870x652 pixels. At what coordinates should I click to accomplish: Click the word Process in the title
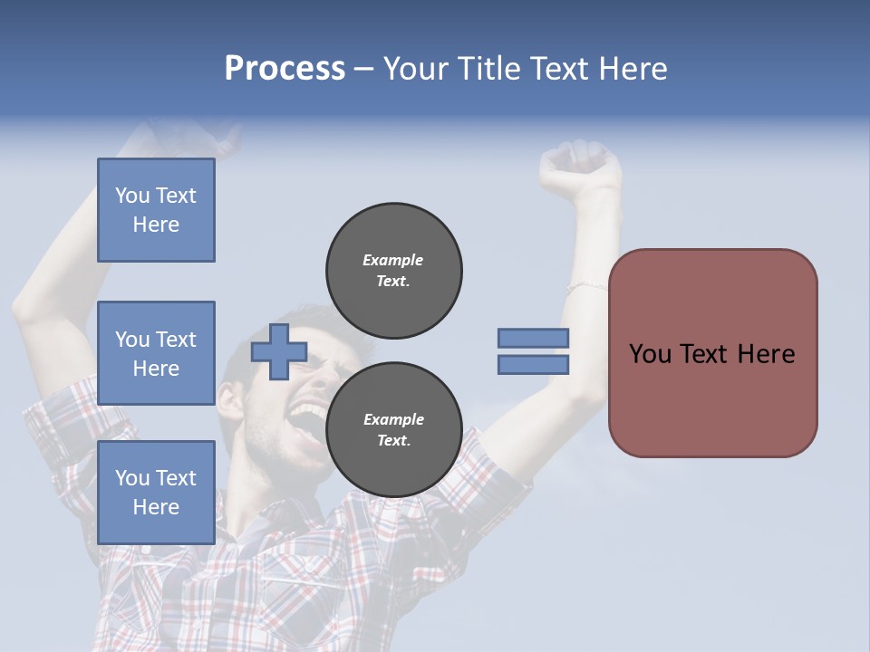click(x=285, y=69)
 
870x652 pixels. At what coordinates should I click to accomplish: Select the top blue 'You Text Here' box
click(x=156, y=210)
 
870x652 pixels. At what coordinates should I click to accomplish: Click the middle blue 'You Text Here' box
click(x=156, y=353)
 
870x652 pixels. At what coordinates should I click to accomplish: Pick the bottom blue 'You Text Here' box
click(x=156, y=493)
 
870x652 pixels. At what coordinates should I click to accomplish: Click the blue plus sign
click(x=279, y=351)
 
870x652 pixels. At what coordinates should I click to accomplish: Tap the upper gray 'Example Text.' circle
click(x=394, y=271)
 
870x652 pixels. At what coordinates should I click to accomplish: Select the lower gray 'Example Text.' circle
click(x=394, y=430)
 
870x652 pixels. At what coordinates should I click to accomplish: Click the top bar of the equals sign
click(x=534, y=338)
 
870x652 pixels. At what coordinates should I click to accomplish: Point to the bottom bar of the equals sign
click(x=534, y=365)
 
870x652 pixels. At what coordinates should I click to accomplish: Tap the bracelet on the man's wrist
click(x=586, y=286)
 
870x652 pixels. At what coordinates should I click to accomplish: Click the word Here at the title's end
click(x=632, y=69)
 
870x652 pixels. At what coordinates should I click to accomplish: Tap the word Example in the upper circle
click(x=393, y=260)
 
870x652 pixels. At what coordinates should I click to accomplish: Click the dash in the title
click(x=363, y=69)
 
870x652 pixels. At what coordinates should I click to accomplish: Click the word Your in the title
click(x=414, y=69)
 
